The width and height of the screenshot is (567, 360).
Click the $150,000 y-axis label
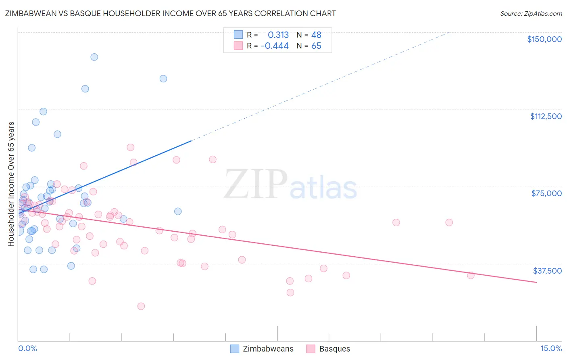[544, 39]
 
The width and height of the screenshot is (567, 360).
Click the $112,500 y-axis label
[546, 116]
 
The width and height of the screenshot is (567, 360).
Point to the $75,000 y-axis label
[546, 193]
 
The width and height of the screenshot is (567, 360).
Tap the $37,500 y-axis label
[547, 271]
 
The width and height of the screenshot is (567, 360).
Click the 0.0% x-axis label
[27, 349]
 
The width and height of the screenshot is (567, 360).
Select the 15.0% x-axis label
[551, 349]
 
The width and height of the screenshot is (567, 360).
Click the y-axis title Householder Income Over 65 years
[11, 184]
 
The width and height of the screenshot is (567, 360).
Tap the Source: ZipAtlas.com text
[531, 14]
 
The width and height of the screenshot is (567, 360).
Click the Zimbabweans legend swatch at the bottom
[235, 349]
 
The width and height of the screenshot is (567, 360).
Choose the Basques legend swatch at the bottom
[311, 349]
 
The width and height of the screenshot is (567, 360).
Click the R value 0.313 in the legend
[278, 35]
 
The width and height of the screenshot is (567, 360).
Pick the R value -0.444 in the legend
[275, 46]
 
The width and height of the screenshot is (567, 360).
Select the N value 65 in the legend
[316, 46]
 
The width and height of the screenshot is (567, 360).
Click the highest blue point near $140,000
[94, 57]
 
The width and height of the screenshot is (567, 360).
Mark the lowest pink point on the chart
[141, 306]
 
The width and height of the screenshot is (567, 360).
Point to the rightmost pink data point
[471, 275]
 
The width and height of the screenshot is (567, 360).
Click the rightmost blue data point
[178, 211]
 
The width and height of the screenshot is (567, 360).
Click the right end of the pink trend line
[536, 282]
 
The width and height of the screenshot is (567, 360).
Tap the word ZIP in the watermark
[256, 185]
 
